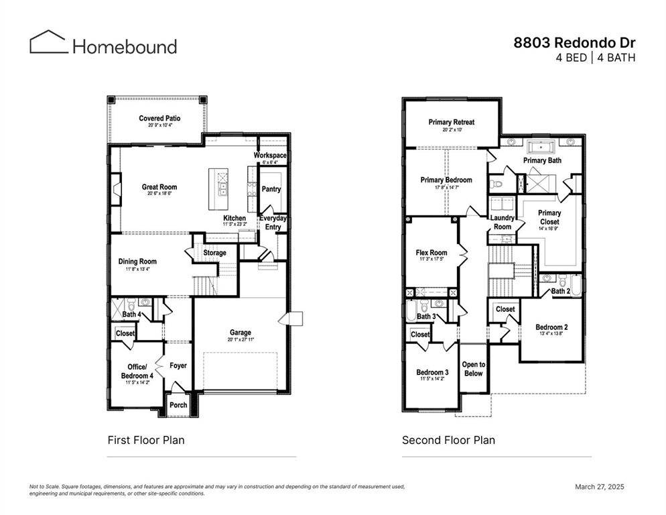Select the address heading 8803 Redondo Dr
574,42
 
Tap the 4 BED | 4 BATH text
595,58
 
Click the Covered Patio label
159,119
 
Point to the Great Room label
159,187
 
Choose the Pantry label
271,189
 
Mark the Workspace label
270,156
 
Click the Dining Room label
137,262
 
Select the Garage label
241,333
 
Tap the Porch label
178,405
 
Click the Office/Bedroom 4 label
137,371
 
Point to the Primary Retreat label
452,122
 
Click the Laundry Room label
503,222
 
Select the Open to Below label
473,369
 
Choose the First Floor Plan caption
146,440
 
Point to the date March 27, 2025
600,487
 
